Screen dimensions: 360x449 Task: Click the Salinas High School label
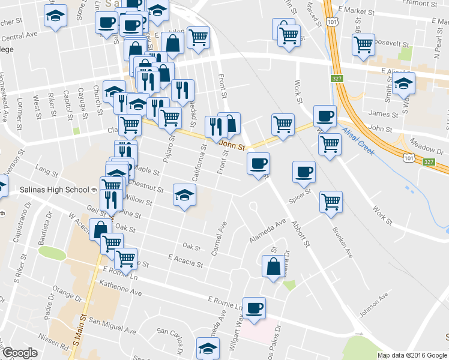click(x=57, y=190)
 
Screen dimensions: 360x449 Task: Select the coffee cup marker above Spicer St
click(x=304, y=172)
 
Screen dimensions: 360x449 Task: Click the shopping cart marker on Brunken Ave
click(x=331, y=202)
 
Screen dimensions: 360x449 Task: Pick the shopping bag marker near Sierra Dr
click(x=274, y=266)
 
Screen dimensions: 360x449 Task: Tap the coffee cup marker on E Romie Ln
click(x=255, y=308)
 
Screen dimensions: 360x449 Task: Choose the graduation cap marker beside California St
click(x=185, y=194)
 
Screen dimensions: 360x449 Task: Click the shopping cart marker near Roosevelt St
click(x=364, y=44)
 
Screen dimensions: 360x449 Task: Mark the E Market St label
click(x=356, y=11)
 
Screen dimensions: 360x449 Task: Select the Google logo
click(x=20, y=353)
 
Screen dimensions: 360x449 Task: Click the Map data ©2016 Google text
click(x=411, y=355)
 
